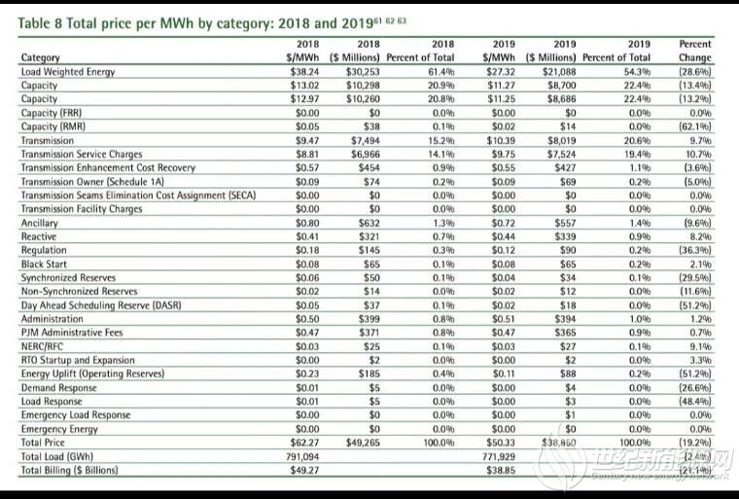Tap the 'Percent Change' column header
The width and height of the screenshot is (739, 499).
point(695,51)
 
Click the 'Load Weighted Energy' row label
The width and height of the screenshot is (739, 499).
point(65,71)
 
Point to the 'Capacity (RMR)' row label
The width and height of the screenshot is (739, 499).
point(53,125)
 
